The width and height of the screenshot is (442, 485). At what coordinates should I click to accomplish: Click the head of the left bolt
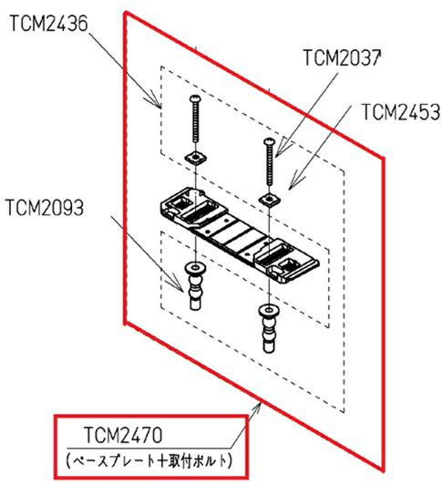(195, 100)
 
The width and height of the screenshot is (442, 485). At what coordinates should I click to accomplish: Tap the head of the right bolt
(267, 141)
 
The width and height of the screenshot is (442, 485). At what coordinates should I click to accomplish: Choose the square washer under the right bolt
(267, 198)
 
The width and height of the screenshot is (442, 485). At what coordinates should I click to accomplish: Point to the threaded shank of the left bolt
(195, 126)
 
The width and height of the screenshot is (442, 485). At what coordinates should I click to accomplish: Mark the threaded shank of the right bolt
(267, 166)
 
